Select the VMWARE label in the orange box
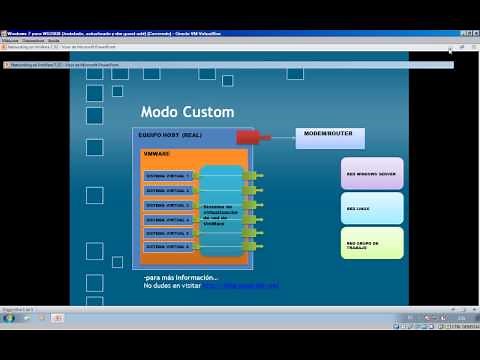tap(156, 154)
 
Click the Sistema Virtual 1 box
tap(167, 175)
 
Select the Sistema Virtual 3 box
tap(167, 203)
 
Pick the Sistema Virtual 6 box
tap(167, 245)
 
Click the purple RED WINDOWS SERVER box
tap(372, 173)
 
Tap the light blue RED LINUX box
tap(372, 208)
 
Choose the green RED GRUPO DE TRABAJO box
tap(372, 243)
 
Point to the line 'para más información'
tap(181, 277)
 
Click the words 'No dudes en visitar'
tap(172, 286)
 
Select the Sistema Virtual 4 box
tap(167, 217)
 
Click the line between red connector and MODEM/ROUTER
tap(283, 136)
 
